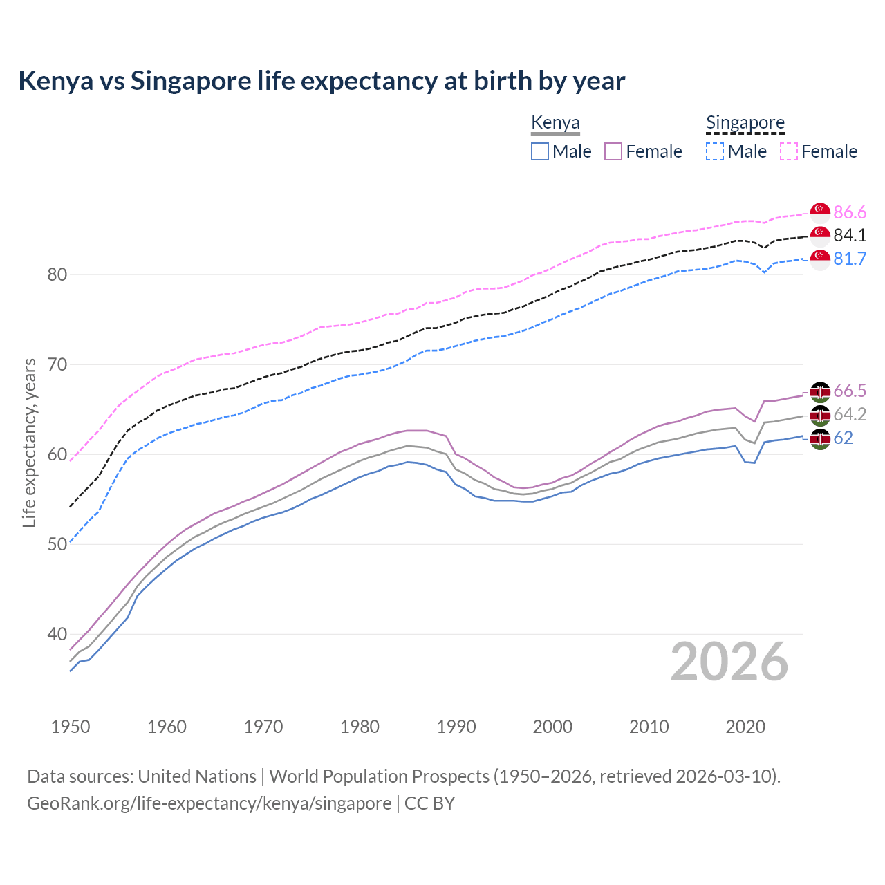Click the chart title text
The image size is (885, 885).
tap(322, 81)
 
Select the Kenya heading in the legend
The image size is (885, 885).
tap(555, 122)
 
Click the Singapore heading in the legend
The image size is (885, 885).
tap(745, 122)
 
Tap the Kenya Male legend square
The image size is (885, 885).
tap(540, 151)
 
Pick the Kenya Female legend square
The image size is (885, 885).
tap(613, 151)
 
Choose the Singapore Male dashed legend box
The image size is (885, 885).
tap(715, 151)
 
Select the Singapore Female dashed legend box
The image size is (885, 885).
tap(789, 151)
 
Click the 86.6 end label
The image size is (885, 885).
tap(850, 212)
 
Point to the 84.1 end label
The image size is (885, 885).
tap(850, 236)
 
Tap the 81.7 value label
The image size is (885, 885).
tap(850, 259)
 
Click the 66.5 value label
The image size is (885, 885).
tap(850, 391)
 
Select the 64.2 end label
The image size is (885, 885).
tap(850, 415)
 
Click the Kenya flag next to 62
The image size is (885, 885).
tap(820, 438)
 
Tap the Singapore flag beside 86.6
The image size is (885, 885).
tap(820, 212)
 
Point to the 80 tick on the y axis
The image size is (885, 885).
tap(57, 275)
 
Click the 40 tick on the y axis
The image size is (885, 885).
tap(57, 635)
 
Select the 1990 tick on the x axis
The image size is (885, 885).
tap(456, 727)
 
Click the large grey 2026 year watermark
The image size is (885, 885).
tap(729, 662)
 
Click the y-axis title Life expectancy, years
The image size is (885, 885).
tap(30, 442)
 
